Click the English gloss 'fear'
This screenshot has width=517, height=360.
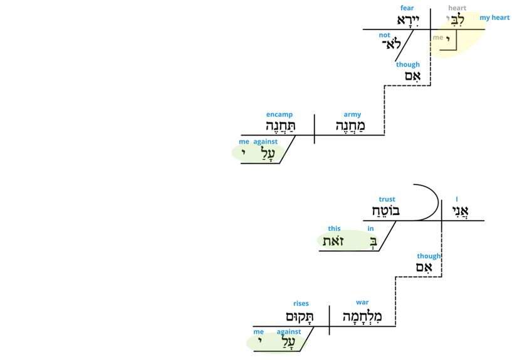[407, 8]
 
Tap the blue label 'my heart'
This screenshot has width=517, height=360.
[494, 18]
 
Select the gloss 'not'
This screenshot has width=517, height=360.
[384, 35]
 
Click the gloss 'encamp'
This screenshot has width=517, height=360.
[279, 115]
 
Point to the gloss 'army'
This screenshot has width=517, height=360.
[352, 115]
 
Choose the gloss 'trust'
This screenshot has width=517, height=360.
[387, 199]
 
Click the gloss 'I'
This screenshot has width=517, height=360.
[457, 199]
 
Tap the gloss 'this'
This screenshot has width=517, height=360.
[334, 229]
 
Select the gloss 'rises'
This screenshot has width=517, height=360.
[301, 304]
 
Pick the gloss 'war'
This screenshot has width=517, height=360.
[362, 303]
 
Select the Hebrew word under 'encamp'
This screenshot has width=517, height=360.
[279, 127]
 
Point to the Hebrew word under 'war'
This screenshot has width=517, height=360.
[362, 316]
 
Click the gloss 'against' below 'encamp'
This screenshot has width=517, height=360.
[265, 142]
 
